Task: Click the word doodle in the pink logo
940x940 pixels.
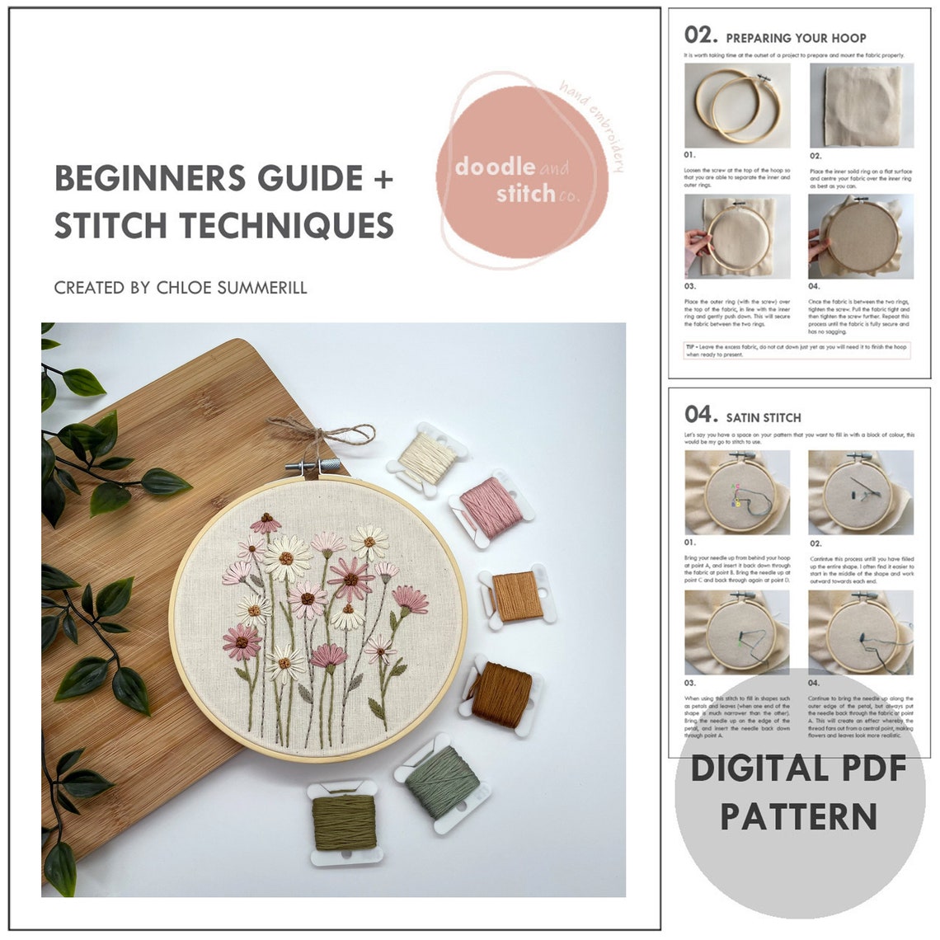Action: [x=495, y=167]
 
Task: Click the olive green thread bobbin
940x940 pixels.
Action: [x=345, y=820]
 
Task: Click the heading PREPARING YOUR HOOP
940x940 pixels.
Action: [x=796, y=38]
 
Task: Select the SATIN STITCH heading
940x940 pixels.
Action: [x=763, y=417]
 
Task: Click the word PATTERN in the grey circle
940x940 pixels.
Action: [x=798, y=816]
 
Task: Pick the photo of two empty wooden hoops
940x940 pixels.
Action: [x=737, y=104]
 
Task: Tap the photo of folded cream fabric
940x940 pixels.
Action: [x=861, y=104]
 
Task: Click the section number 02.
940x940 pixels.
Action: [x=701, y=35]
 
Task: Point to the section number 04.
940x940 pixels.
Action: [x=701, y=415]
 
